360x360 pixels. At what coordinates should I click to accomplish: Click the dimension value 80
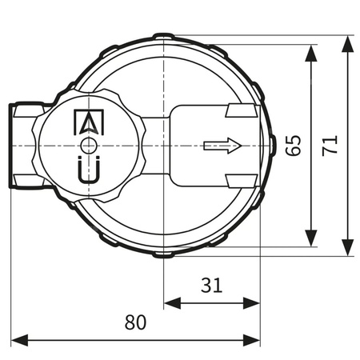pos(136,323)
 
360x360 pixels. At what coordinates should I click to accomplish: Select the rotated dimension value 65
pos(293,145)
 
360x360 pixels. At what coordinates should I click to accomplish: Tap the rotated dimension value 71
pos(331,145)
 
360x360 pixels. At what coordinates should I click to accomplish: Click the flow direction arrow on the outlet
pos(222,146)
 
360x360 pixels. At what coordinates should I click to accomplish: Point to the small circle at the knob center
pos(88,146)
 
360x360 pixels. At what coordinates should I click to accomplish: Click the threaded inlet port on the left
pos(22,146)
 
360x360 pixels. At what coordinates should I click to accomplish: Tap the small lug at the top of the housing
pos(163,36)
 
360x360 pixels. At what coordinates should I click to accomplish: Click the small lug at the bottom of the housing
pos(163,255)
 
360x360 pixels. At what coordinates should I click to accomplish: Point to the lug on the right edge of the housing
pos(271,146)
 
